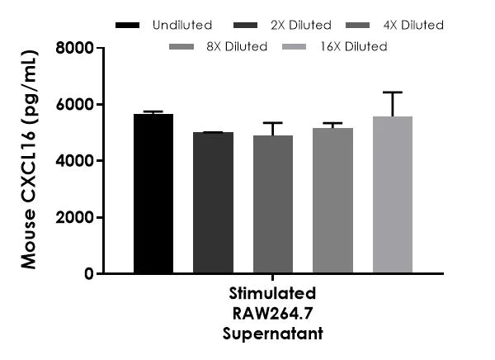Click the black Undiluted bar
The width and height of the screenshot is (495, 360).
click(x=153, y=193)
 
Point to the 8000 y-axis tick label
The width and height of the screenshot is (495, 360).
click(x=75, y=49)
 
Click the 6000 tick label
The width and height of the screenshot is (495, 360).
click(x=75, y=105)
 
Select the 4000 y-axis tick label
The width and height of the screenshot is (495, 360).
click(x=75, y=161)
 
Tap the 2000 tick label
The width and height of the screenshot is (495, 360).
click(x=75, y=218)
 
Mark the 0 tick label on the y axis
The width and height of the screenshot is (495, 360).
click(x=88, y=274)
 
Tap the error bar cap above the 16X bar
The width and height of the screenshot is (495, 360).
click(x=392, y=92)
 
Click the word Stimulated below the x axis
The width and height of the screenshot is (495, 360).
click(x=271, y=294)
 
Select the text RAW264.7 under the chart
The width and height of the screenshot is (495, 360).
click(x=271, y=314)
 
